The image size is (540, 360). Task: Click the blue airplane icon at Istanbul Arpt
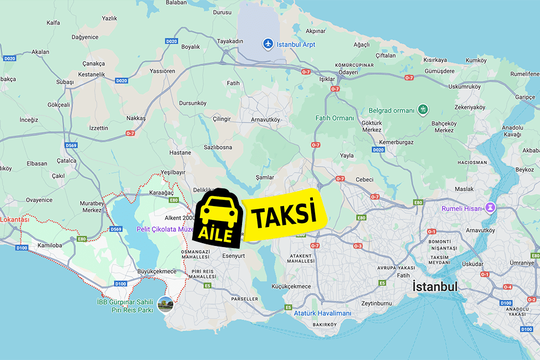268,43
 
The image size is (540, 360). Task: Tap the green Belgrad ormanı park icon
423,110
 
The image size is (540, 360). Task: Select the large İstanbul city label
435,287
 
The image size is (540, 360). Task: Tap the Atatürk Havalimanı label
322,313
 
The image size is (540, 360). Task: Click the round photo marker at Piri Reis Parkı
165,304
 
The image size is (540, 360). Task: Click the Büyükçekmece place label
157,271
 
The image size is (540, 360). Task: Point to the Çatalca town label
67,161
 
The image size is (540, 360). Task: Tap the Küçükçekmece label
291,286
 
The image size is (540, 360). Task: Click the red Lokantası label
15,219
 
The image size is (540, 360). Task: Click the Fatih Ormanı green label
335,118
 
